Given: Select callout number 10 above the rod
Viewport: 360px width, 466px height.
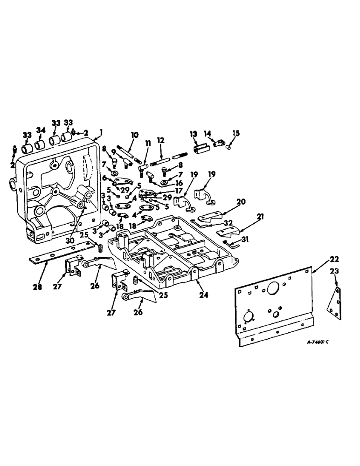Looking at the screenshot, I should point(134,135).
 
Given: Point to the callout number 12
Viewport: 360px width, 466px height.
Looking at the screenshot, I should point(160,140).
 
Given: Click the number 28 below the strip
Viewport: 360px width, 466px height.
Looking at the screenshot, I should point(37,287).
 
